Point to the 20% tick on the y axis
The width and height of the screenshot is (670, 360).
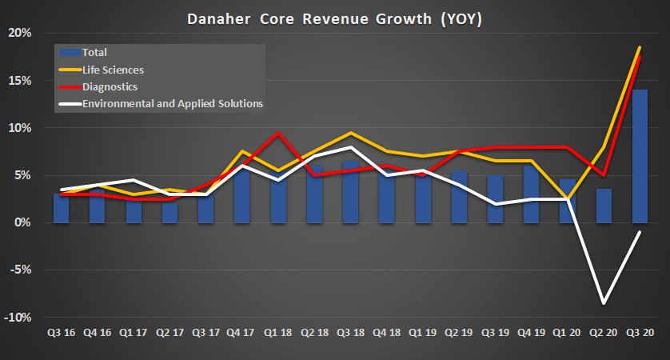tap(21, 33)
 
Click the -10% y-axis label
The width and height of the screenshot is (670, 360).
tap(18, 318)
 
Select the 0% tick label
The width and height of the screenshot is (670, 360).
tap(24, 222)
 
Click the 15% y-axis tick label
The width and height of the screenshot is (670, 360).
tap(21, 81)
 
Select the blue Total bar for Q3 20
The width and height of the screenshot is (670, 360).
tap(641, 156)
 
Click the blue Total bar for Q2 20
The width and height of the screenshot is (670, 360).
tap(604, 206)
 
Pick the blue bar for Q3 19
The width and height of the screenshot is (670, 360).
tap(496, 199)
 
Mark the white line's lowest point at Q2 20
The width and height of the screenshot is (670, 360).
tap(604, 303)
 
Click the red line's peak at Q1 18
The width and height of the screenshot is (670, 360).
tap(278, 133)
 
